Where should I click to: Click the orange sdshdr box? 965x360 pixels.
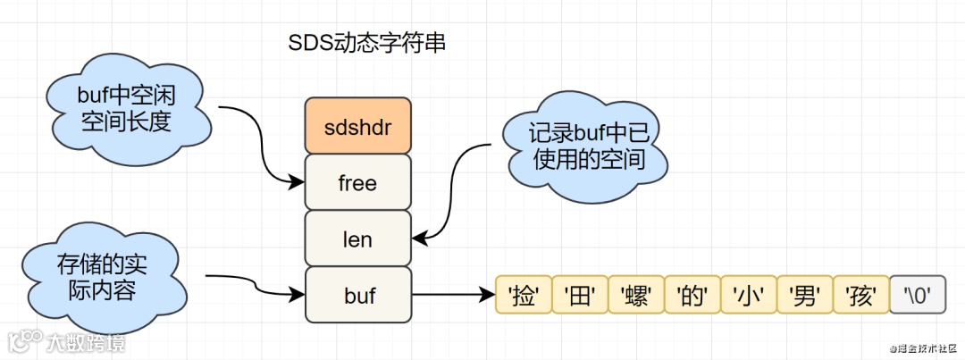coord(357,126)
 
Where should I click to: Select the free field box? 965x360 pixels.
coord(357,182)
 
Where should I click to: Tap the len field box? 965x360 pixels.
coord(357,239)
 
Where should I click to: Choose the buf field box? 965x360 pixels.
coord(357,295)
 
